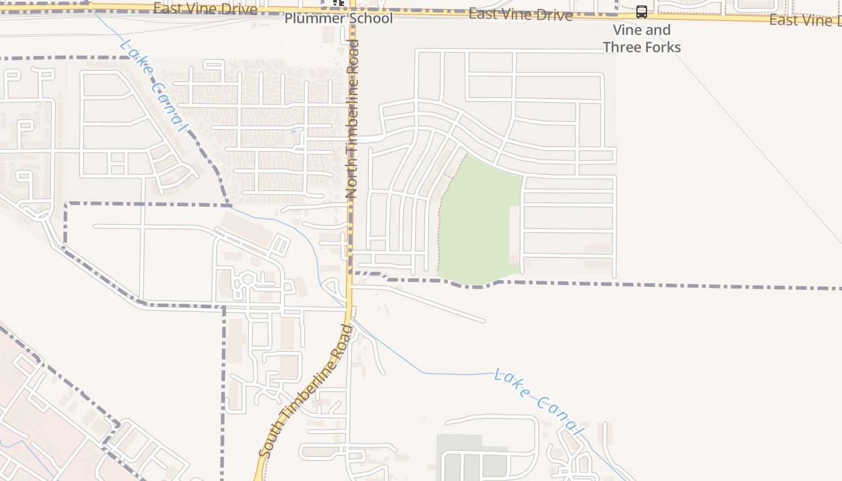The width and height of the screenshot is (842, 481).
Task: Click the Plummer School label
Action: (x=339, y=18)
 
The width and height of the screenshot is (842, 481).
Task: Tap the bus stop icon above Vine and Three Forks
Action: (x=642, y=12)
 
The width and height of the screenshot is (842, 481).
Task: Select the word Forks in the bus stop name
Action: (x=662, y=47)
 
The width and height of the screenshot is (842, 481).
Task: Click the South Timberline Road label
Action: (x=305, y=391)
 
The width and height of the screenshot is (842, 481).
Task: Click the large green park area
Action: (x=478, y=216)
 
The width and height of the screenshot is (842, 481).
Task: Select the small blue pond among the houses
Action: (x=293, y=131)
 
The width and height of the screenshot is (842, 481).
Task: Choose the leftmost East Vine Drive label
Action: (x=205, y=8)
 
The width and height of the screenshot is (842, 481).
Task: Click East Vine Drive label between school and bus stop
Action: (x=520, y=14)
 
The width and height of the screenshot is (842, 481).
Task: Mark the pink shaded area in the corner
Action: (x=36, y=421)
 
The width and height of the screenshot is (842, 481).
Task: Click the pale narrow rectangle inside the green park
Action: (x=515, y=234)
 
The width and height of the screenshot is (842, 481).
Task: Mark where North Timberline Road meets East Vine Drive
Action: (x=351, y=10)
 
